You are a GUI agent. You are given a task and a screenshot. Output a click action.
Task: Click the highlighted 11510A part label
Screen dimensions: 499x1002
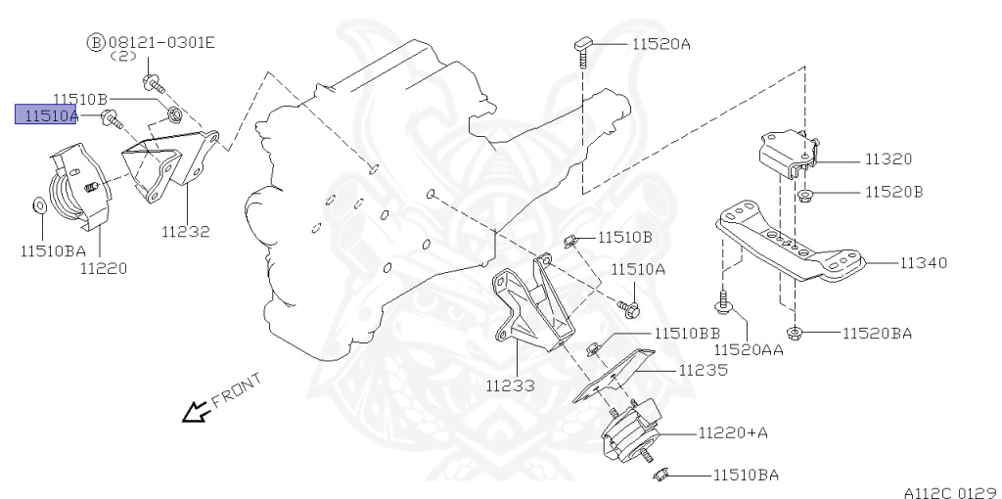coord(45,115)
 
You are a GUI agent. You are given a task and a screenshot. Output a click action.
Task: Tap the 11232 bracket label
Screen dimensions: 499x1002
coord(186,232)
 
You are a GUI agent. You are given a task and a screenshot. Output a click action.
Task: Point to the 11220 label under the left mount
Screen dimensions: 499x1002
coord(104,266)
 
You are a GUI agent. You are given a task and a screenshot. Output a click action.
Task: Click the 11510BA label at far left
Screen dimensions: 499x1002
coord(53,249)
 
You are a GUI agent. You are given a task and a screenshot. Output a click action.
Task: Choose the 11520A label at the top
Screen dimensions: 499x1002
coord(660,44)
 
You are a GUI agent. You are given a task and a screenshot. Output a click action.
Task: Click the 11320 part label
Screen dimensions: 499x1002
coord(888,159)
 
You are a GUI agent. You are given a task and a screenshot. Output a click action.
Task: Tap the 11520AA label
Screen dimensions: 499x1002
coord(748,348)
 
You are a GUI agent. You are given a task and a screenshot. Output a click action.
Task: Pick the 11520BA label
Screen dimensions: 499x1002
coord(877,334)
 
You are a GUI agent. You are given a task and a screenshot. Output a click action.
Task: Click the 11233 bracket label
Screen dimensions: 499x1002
coord(510,386)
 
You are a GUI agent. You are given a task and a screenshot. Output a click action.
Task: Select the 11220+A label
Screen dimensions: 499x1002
coord(733,431)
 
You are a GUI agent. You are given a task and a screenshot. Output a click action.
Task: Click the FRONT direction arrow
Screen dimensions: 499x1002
coord(195,413)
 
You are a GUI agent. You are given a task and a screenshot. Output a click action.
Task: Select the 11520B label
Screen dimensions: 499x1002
coord(893,193)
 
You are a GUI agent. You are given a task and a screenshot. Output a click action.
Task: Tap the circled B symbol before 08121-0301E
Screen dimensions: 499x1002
coord(96,43)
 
